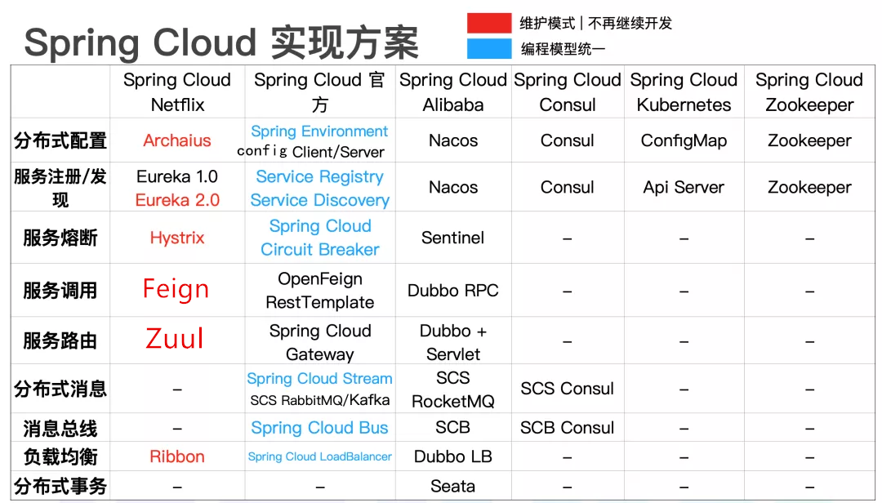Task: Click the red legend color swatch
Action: pos(489,23)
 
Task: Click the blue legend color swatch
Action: pos(489,49)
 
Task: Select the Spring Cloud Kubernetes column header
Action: pos(684,92)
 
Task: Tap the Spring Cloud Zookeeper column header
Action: pos(809,92)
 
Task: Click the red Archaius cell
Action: pos(177,140)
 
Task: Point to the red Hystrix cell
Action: pos(177,238)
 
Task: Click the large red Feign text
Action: pos(176,289)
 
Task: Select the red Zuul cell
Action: pos(175,339)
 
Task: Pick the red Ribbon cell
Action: pos(177,456)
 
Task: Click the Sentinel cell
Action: pos(453,238)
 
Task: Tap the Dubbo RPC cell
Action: pos(453,291)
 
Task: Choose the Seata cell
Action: pos(453,487)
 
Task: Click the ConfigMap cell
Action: pos(684,140)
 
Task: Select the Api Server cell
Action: pos(684,187)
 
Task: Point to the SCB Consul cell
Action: pos(568,428)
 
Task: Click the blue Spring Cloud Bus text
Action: pos(320,428)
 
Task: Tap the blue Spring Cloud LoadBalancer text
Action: pos(320,457)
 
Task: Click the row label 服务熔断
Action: pos(60,238)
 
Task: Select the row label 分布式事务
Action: pos(60,487)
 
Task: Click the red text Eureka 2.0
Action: pos(177,200)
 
